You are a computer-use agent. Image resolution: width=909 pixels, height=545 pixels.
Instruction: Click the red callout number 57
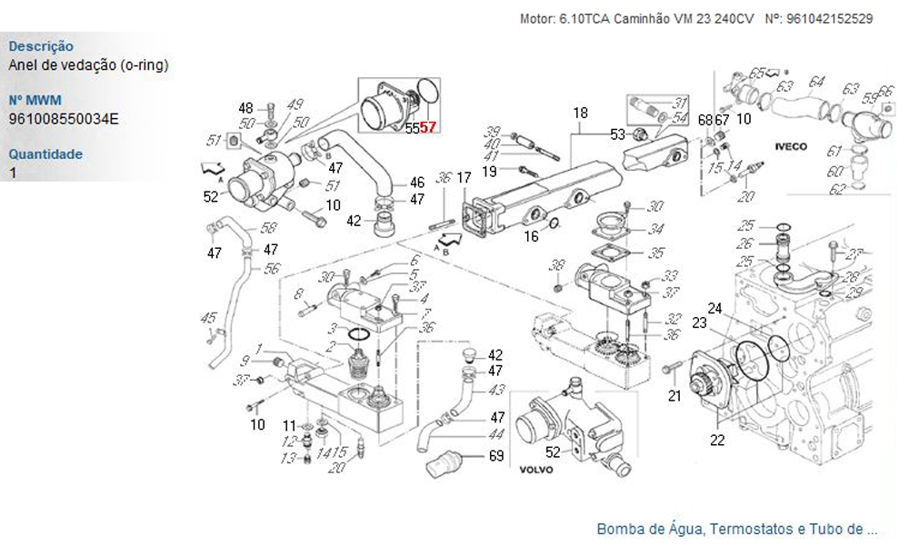(428, 129)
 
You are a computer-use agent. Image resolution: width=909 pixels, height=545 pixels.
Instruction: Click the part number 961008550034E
(64, 118)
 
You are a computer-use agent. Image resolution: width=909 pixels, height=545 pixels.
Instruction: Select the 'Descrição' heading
(41, 46)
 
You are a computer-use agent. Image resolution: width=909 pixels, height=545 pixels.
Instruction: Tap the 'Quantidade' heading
(45, 154)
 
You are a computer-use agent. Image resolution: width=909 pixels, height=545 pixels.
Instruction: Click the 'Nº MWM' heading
(35, 100)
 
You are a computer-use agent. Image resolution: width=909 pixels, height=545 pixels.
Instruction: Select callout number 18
(580, 113)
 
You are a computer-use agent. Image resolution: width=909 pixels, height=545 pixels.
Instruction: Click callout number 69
(495, 456)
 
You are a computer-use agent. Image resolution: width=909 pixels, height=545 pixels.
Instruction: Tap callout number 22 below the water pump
(717, 441)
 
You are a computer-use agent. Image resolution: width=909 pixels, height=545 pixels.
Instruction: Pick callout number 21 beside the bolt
(674, 395)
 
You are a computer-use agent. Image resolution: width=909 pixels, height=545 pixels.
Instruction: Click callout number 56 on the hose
(271, 269)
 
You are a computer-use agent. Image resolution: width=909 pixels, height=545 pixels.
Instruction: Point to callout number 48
(246, 108)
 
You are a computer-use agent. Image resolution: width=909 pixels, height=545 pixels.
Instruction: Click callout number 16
(530, 237)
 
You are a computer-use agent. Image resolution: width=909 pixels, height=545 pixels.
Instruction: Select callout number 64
(816, 81)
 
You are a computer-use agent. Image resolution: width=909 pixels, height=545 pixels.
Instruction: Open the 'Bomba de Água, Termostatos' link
(736, 529)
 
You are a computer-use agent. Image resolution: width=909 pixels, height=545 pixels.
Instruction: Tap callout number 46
(416, 183)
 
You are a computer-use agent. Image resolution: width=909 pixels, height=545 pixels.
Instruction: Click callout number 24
(715, 309)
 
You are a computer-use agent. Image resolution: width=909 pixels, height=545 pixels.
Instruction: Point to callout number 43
(496, 390)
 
